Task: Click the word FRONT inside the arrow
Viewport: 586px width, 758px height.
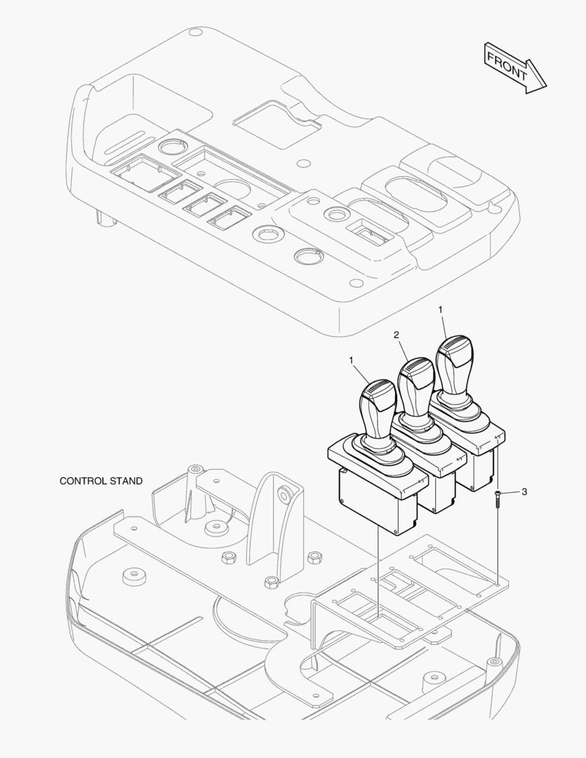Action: point(506,66)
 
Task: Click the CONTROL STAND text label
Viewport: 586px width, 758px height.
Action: point(101,481)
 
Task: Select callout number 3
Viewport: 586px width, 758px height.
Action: point(524,491)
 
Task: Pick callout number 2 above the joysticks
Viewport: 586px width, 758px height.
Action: point(397,335)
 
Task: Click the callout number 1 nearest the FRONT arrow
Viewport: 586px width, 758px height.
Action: point(441,309)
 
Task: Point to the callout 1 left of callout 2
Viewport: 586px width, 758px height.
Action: point(352,360)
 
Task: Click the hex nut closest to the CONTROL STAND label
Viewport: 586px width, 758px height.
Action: point(228,559)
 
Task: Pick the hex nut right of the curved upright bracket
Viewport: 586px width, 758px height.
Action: point(315,557)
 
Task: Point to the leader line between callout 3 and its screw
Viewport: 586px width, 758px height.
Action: point(510,493)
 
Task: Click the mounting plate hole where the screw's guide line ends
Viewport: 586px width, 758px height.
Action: point(498,583)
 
